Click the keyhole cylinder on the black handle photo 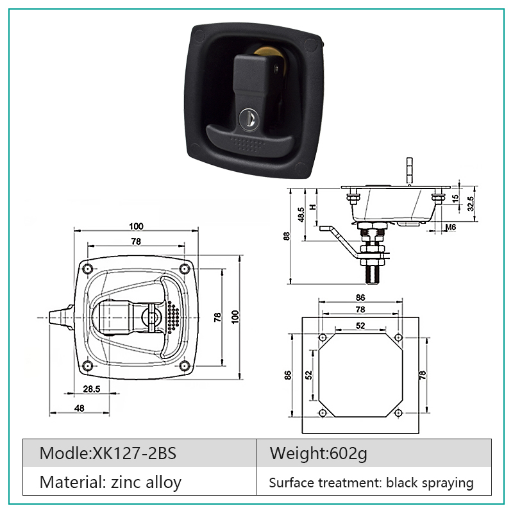click(248, 119)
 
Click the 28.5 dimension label click(92, 389)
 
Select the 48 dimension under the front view click(80, 408)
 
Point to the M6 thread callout click(451, 227)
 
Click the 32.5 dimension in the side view click(470, 203)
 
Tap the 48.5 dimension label click(301, 215)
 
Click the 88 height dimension click(287, 236)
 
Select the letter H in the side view click(314, 206)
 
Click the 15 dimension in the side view click(455, 198)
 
